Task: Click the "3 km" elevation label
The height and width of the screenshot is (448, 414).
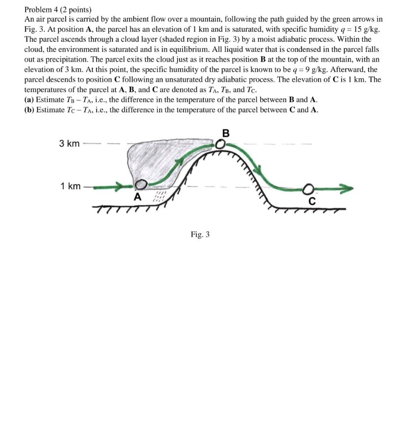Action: click(69, 143)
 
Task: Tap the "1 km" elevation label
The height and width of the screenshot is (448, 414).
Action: click(70, 187)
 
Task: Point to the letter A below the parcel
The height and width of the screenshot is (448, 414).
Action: click(137, 197)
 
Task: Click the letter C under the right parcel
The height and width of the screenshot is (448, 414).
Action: click(311, 202)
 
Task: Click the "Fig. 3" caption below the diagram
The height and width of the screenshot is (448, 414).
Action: click(200, 235)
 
